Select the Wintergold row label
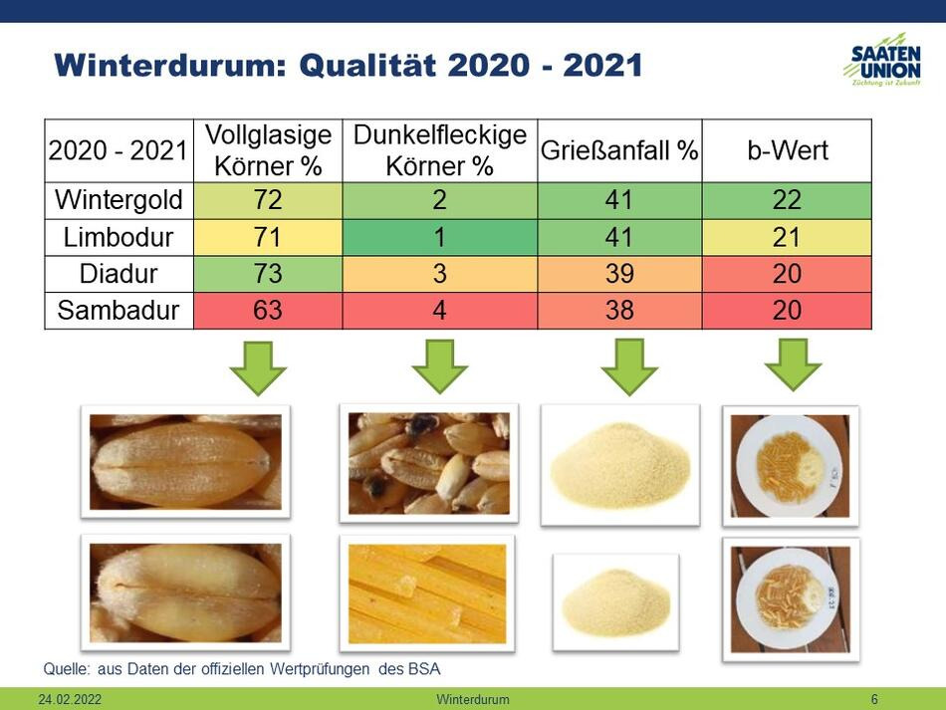point(118,200)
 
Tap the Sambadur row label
point(118,311)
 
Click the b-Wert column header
point(788,150)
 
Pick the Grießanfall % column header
point(619,150)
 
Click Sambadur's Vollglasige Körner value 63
point(268,311)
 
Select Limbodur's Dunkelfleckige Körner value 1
point(439,237)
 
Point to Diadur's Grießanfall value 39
point(619,274)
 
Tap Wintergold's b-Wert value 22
point(787,200)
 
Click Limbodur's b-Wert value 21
point(787,237)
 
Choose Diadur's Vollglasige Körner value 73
point(268,274)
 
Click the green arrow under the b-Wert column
point(793,364)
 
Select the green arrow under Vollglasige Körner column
point(258,368)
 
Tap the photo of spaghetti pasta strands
point(428,593)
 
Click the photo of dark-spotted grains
point(429,463)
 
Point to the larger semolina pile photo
point(620,465)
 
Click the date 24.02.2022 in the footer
point(70,699)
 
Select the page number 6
point(874,699)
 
